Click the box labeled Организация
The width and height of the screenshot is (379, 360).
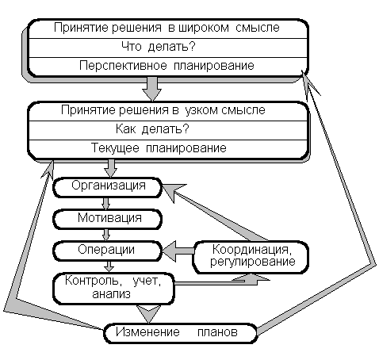pos(107,187)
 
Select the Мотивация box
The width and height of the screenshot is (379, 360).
pos(107,219)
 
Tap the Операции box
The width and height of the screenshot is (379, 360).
pos(107,251)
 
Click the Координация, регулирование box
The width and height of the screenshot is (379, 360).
pos(251,257)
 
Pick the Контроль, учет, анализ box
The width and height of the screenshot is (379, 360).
pos(114,289)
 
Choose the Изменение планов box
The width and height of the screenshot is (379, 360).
pos(180,333)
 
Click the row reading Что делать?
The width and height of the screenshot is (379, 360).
pos(168,48)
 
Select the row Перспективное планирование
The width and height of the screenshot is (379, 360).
pos(168,67)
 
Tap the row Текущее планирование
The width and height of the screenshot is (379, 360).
pos(168,149)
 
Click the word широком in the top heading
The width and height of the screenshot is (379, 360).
pos(204,28)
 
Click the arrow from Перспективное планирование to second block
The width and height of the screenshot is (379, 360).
pos(151,89)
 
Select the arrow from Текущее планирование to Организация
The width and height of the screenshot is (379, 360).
pos(110,168)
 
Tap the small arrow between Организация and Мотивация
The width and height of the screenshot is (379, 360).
pos(105,203)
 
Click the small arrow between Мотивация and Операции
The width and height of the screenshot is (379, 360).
pos(105,235)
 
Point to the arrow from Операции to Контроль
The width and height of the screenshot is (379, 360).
pos(109,266)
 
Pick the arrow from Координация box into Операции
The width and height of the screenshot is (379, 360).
pos(178,251)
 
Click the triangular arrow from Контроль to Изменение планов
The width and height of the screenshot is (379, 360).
pos(148,314)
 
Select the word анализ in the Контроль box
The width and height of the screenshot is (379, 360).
pos(111,294)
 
